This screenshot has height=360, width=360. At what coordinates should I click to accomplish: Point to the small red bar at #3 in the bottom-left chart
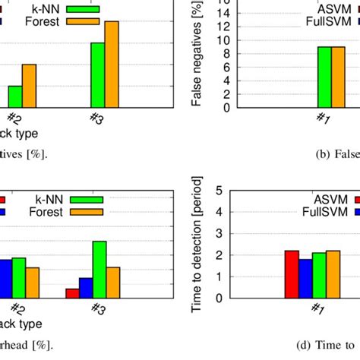72,293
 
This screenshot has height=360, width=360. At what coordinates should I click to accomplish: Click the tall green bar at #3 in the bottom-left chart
99,269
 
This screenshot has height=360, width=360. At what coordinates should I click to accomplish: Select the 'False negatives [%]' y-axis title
197,55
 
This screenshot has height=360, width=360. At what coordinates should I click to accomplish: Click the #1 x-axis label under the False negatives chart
322,118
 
